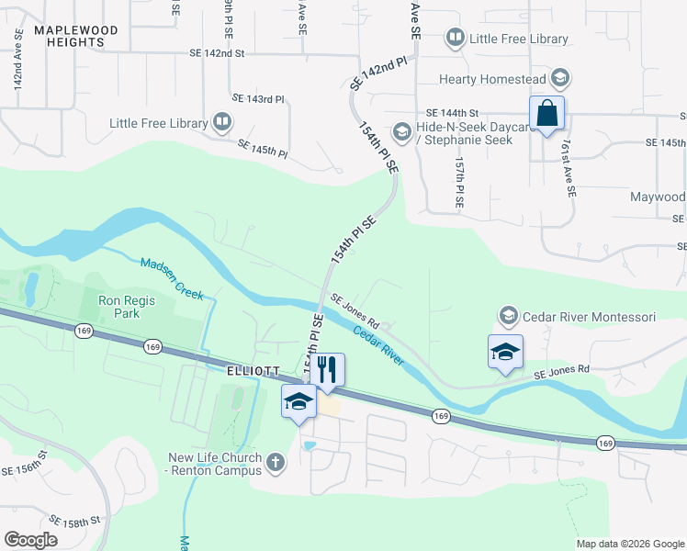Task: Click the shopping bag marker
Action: tap(546, 114)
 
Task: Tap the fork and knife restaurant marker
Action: tap(327, 370)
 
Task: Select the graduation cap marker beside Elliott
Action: tap(298, 402)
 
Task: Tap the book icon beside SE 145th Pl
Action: tap(221, 122)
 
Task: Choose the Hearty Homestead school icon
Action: tap(560, 79)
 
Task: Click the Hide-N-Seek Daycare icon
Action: tap(401, 129)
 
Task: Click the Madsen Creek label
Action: tap(172, 277)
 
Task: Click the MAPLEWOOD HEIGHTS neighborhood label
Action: tap(76, 36)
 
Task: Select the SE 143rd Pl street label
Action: tap(258, 98)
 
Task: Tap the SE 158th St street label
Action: tap(75, 522)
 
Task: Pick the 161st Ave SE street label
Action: tap(570, 176)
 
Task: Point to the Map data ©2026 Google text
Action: tap(629, 544)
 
